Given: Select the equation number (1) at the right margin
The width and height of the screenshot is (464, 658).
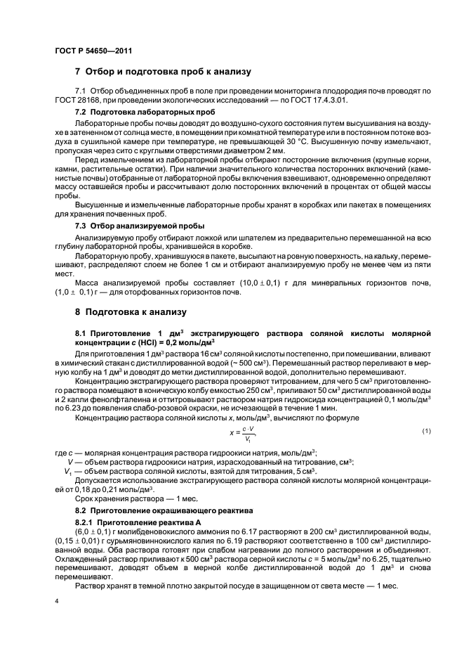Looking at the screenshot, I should pyautogui.click(x=426, y=430).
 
